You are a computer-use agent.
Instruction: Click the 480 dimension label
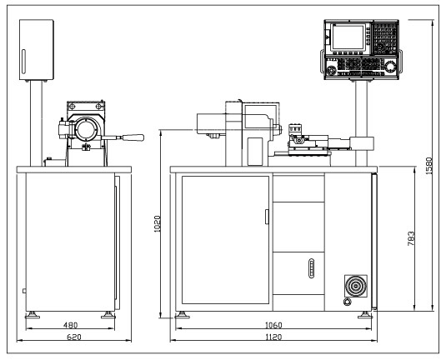[69, 325]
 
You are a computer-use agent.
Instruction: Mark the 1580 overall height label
[429, 167]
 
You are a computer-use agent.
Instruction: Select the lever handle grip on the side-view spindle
[133, 138]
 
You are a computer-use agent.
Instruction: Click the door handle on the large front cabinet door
[267, 217]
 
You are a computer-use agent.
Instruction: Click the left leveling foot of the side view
[33, 315]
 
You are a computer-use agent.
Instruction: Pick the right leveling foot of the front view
[366, 315]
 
